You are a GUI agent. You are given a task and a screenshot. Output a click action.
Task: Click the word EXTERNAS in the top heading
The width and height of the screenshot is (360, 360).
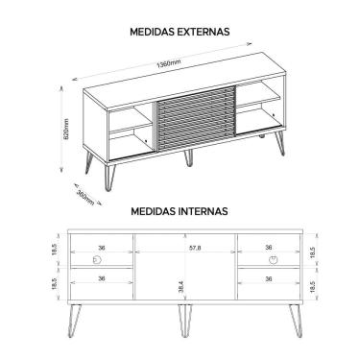[201, 31]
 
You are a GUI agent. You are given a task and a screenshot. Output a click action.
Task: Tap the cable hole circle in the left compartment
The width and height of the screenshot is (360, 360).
[95, 260]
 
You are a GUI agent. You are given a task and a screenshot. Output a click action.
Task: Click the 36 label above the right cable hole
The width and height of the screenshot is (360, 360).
[268, 247]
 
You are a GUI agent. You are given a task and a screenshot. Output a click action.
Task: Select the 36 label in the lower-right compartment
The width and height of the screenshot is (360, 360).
[268, 278]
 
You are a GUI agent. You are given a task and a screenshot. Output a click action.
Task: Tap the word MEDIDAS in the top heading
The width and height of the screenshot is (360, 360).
[150, 31]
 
